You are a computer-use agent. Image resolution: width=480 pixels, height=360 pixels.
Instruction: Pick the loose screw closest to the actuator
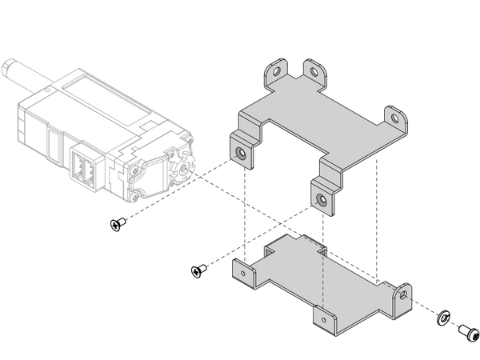(118, 226)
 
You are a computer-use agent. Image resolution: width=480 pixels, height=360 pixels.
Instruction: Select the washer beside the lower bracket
(444, 320)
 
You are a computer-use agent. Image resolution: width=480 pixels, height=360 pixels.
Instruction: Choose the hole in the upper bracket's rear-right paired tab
(314, 72)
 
